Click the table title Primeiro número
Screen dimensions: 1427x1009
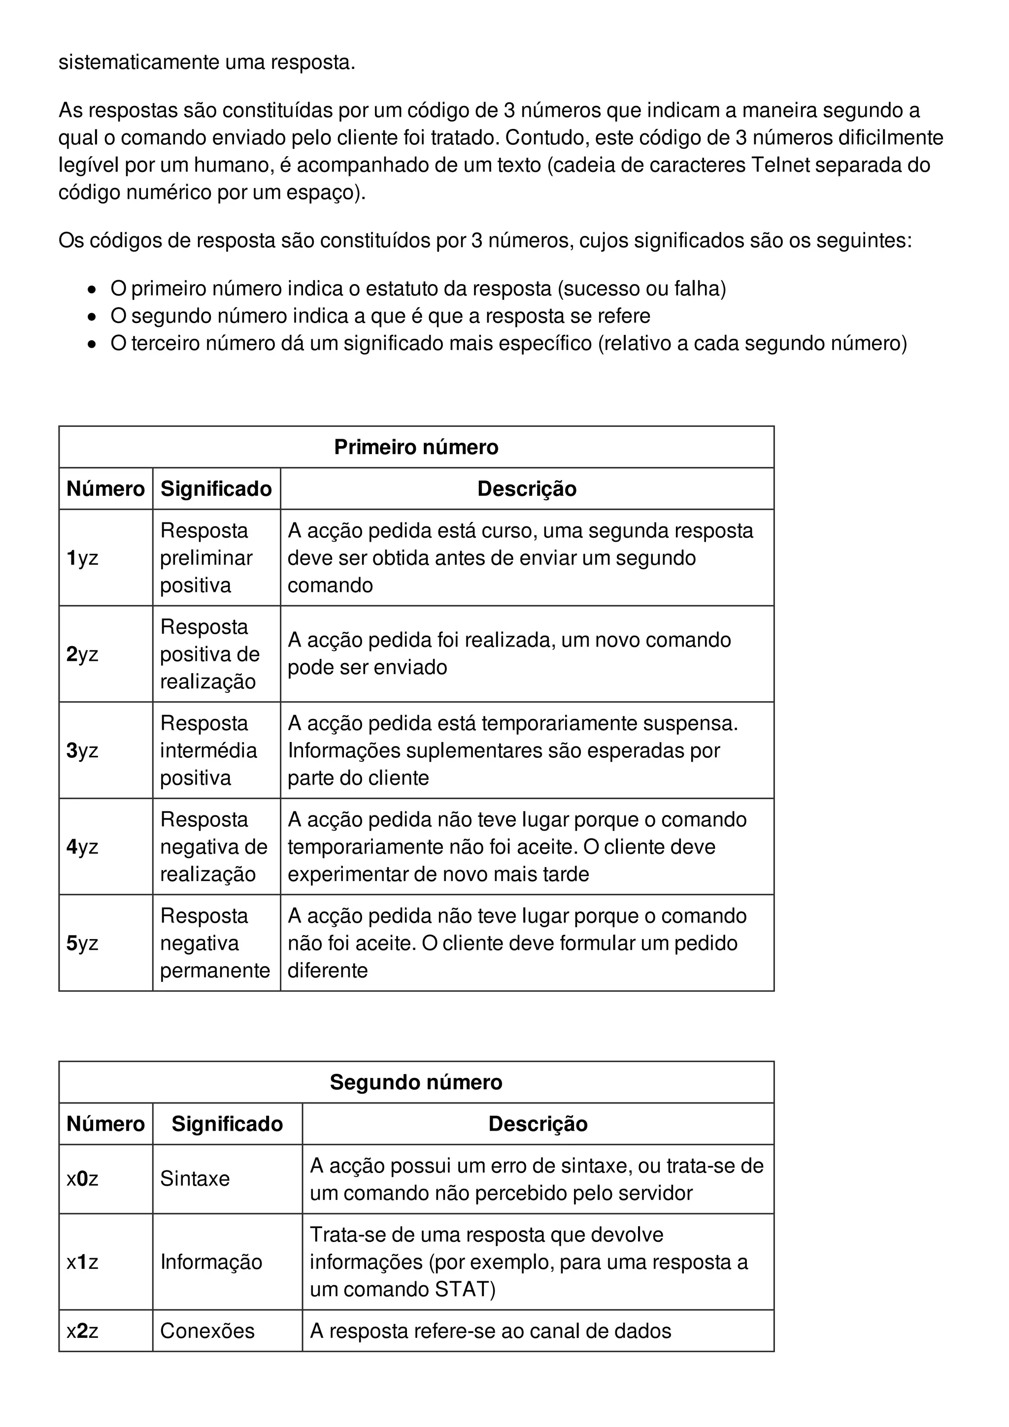(416, 447)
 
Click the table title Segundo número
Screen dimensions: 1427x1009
(416, 1082)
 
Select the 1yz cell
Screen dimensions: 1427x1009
(82, 558)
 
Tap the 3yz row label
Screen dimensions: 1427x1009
(82, 751)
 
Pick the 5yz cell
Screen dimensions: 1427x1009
(82, 943)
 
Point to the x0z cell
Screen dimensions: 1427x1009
(82, 1178)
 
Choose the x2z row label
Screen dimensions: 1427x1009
(82, 1330)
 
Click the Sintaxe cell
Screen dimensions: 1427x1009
(195, 1178)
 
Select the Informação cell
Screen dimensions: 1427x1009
(211, 1262)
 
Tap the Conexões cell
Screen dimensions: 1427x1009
(207, 1330)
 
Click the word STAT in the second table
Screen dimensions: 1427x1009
(461, 1289)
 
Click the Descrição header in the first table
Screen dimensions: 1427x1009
(527, 488)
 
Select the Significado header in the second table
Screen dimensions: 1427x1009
(227, 1124)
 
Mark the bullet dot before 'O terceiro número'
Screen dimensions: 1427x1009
(92, 344)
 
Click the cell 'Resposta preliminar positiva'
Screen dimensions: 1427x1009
(206, 558)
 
